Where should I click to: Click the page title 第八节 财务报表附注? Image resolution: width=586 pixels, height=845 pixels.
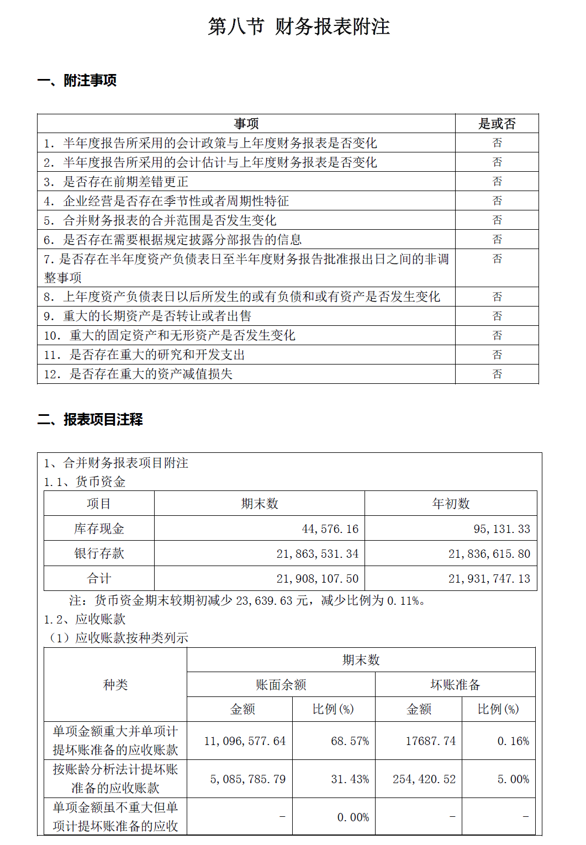[299, 27]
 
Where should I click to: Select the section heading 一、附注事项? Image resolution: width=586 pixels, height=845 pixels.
[77, 81]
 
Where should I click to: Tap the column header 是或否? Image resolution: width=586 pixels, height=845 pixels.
[497, 124]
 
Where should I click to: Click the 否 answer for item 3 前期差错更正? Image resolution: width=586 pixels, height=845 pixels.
[497, 182]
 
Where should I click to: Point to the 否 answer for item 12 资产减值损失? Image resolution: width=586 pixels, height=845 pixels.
[497, 374]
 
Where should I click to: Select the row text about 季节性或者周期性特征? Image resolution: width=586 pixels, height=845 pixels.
[176, 201]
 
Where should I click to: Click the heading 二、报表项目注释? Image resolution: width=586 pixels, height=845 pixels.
[90, 420]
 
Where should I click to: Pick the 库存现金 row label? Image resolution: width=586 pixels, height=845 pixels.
[99, 529]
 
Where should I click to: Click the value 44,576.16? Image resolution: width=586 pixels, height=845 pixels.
[330, 529]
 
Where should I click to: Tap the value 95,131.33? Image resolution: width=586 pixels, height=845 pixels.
[501, 529]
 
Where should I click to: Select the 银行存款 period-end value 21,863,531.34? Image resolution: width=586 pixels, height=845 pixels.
[317, 553]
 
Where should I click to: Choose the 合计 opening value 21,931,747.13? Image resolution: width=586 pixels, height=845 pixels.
[489, 579]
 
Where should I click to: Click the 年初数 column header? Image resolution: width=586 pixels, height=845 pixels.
[451, 504]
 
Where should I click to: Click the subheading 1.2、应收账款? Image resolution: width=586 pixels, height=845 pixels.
[85, 619]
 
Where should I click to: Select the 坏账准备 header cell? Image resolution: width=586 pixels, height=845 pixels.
[455, 685]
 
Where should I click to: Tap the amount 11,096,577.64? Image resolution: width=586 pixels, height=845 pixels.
[245, 741]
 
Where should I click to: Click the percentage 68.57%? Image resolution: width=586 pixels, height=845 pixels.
[350, 741]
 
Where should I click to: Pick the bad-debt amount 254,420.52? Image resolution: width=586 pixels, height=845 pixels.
[424, 779]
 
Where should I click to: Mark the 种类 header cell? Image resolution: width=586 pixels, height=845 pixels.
[115, 685]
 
